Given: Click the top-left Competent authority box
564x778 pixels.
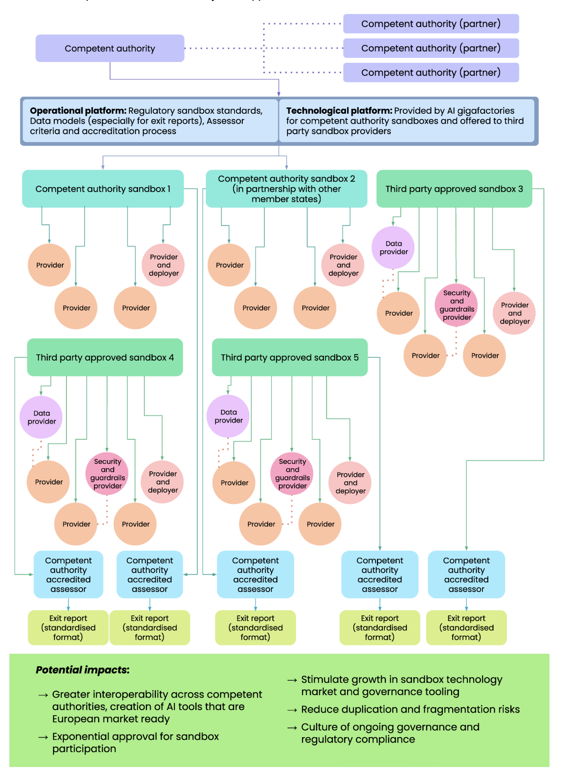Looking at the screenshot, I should point(110,48).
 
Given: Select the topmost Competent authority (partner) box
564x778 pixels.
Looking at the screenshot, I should point(431,24).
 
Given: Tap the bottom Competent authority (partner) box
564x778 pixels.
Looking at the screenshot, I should point(431,73).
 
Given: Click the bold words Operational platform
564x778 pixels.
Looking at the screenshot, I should point(78,111).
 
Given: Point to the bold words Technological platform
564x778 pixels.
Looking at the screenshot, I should point(339,111).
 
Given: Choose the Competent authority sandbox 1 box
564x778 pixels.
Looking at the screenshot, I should point(103,189).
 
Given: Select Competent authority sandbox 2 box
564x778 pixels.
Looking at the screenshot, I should point(286,189).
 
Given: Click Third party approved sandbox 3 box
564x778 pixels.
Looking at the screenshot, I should point(454,189).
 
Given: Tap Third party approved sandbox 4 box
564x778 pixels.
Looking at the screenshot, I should point(105,357).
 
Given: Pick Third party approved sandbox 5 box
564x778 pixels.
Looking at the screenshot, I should point(289,357).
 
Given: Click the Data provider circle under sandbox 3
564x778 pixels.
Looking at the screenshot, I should point(393,248).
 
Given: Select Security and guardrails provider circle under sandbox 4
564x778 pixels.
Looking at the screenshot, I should point(107,474).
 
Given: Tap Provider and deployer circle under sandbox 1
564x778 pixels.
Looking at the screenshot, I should point(164,265).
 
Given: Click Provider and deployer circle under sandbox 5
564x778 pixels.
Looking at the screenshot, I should point(350,482).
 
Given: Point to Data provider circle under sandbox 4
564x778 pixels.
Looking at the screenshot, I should point(41,417).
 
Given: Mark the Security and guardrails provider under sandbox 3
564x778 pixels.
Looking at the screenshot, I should point(456,305).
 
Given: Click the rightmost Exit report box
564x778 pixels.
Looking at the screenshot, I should point(466,627).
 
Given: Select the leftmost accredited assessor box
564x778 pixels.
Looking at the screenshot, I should point(68,574).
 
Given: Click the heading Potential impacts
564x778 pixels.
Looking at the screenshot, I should point(82,670).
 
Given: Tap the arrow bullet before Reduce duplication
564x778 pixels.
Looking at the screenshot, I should point(292,710).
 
